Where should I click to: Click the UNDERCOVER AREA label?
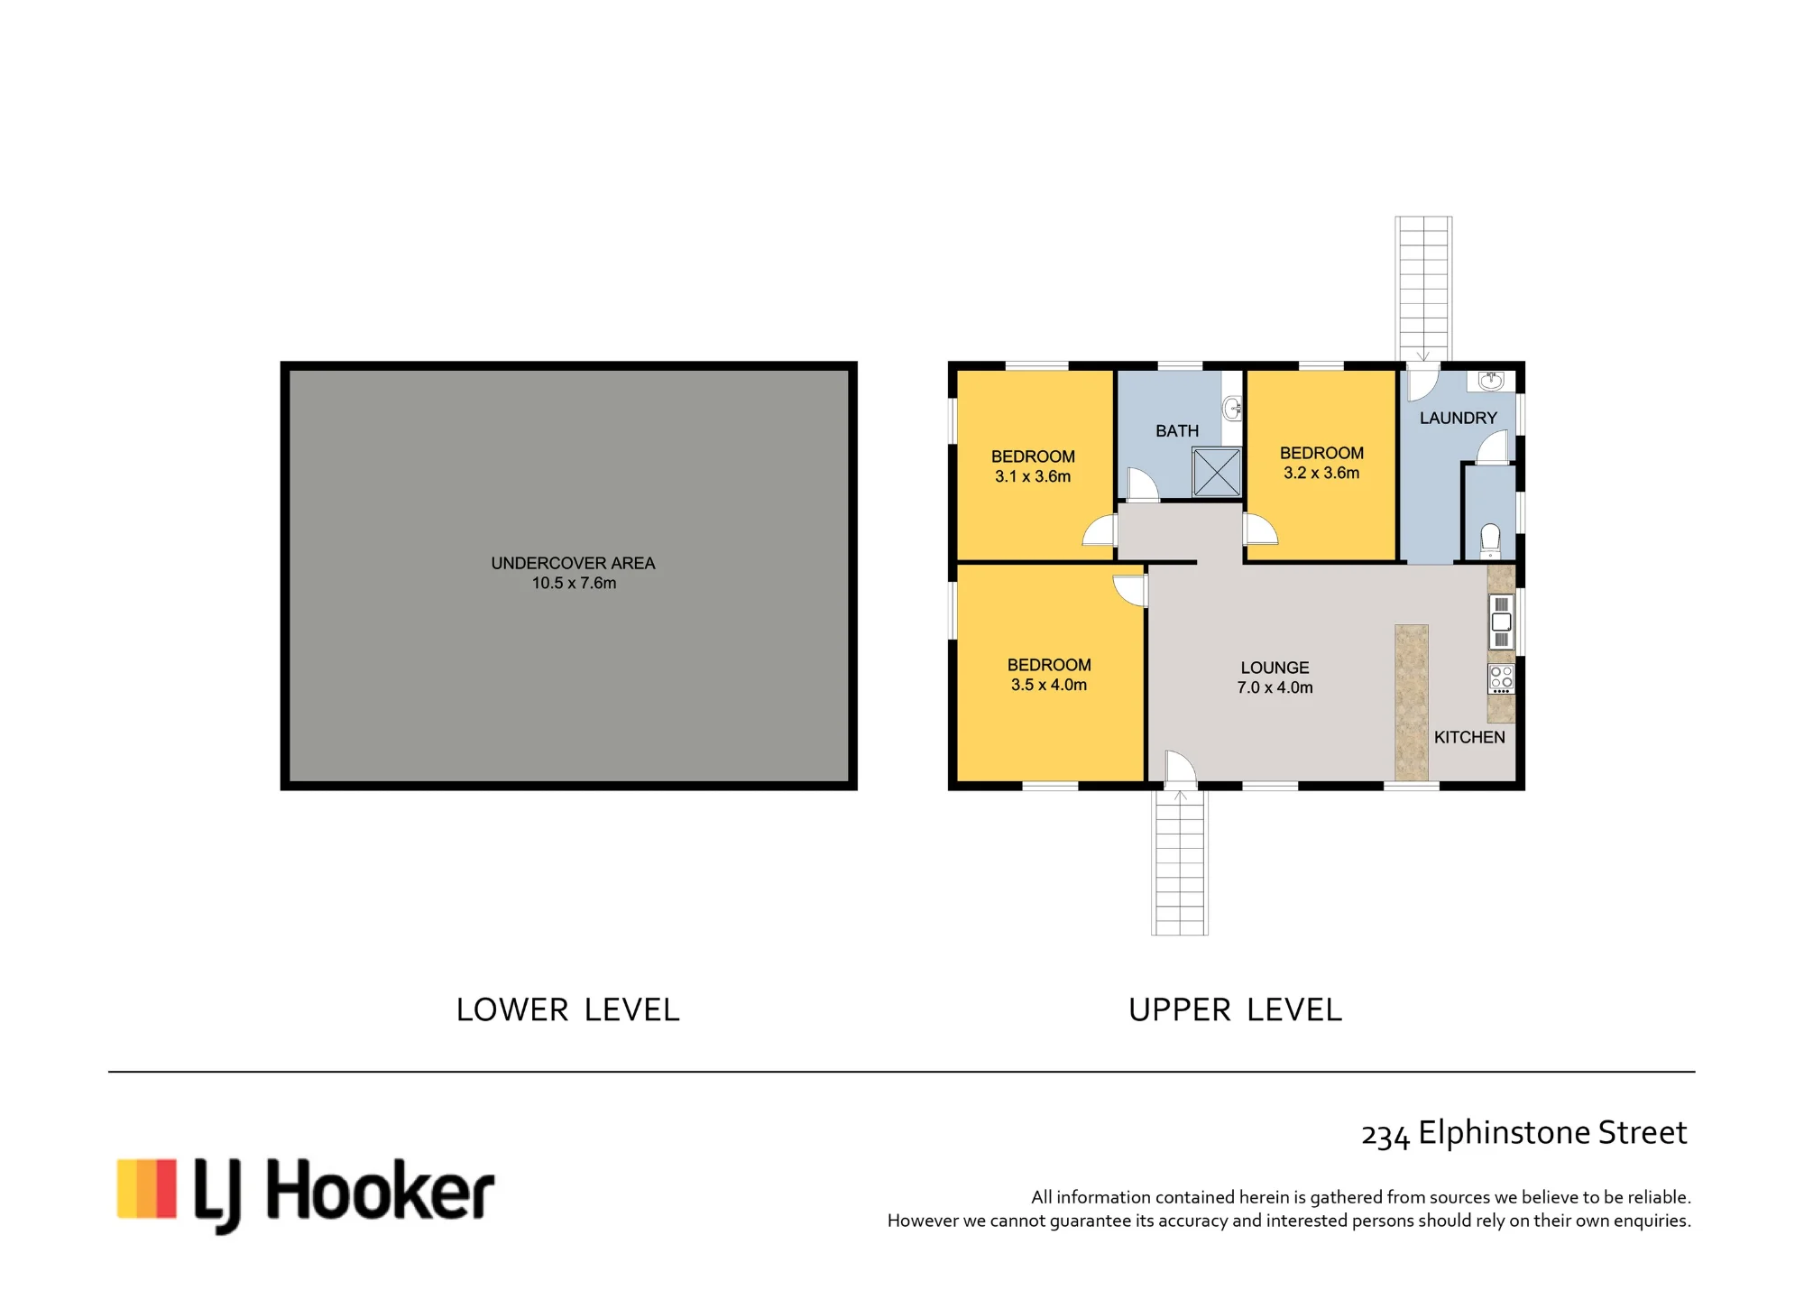click(x=573, y=563)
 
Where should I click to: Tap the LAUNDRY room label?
click(x=1458, y=418)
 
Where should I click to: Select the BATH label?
click(x=1177, y=431)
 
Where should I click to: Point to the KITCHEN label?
click(x=1469, y=737)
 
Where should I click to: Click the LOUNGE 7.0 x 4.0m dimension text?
click(x=1275, y=687)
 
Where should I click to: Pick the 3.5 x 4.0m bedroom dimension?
click(x=1049, y=685)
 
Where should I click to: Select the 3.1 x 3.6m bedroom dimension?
click(x=1033, y=476)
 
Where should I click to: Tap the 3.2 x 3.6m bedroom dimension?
click(x=1321, y=473)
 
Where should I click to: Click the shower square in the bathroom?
click(x=1217, y=472)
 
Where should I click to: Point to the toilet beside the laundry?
click(x=1490, y=541)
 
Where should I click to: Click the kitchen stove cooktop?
click(x=1501, y=678)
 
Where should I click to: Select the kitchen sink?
click(x=1501, y=622)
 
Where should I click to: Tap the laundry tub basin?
click(x=1491, y=381)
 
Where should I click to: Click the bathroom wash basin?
click(x=1232, y=410)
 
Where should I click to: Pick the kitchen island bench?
click(x=1412, y=703)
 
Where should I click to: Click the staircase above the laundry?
click(x=1423, y=289)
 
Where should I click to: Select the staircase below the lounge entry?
click(x=1180, y=862)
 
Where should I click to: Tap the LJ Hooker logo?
click(x=306, y=1194)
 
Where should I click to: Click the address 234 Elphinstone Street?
click(x=1523, y=1133)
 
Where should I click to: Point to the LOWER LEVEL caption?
click(x=567, y=1009)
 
